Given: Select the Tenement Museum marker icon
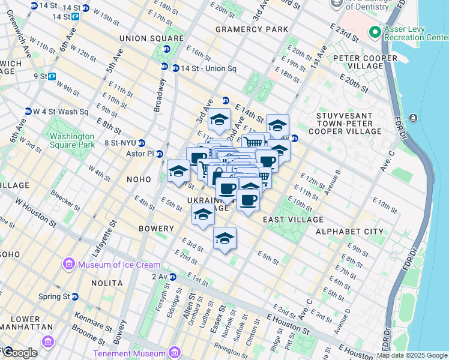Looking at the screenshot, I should point(175,352).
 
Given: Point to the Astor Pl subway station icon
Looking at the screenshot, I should point(160,154).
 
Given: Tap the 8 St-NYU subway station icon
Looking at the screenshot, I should point(142,143).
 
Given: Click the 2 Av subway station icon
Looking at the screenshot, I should point(173,277).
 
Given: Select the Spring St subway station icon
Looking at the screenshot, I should point(74,296).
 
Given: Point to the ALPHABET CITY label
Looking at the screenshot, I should point(349,232).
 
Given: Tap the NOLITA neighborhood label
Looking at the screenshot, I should point(90,283).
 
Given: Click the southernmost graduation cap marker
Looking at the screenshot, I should point(224,238).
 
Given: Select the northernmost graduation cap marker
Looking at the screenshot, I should point(220,119).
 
